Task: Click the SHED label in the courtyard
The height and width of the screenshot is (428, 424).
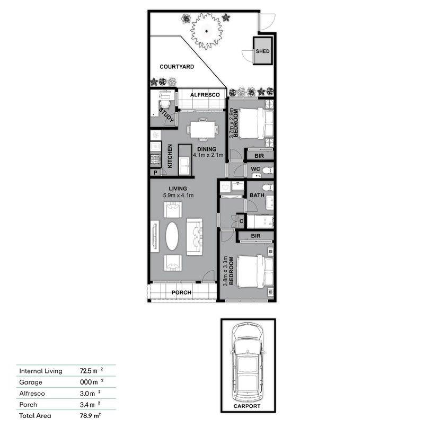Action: [262, 51]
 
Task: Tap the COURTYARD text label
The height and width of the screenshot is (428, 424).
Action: [177, 67]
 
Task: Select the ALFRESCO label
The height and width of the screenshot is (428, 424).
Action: [197, 94]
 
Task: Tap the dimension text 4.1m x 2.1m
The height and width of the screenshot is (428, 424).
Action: [208, 156]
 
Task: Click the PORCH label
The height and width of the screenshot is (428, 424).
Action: [181, 292]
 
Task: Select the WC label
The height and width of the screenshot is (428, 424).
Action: [254, 170]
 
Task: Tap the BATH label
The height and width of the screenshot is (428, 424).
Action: [257, 195]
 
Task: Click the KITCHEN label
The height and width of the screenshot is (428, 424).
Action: [170, 157]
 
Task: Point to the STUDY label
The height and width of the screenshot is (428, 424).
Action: [167, 116]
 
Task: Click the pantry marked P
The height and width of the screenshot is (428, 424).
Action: [156, 173]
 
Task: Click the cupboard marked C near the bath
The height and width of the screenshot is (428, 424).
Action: [241, 220]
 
